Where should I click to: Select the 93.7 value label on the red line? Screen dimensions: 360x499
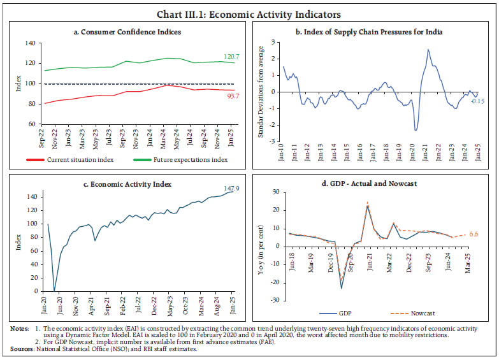coord(229,96)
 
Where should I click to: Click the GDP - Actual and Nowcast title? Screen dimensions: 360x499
coord(373,184)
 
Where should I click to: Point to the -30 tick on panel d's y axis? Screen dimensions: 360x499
coord(276,300)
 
